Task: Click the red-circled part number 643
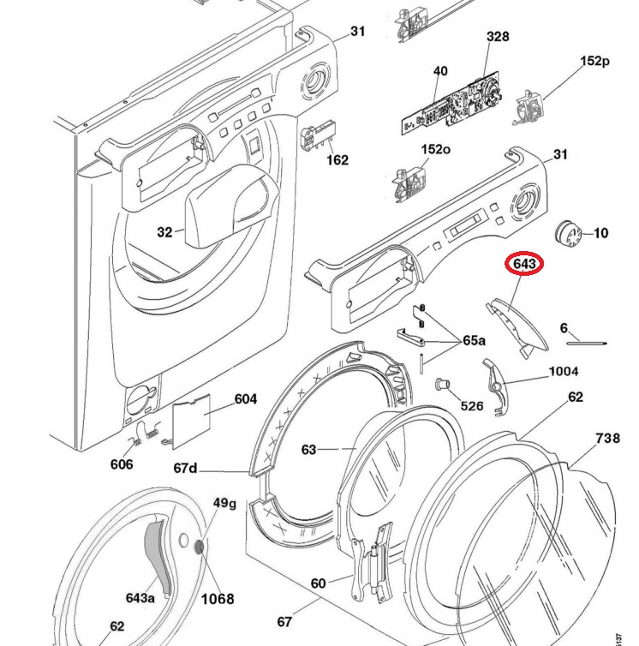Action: point(524,264)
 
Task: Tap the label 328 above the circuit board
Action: point(498,36)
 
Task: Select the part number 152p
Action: point(594,61)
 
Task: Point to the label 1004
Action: point(564,371)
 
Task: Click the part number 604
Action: point(246,398)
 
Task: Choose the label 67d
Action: point(185,468)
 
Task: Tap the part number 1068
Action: point(218,598)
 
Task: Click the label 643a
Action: point(140,597)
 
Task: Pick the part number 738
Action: point(607,438)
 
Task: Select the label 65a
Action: point(475,340)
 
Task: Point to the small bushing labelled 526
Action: point(443,385)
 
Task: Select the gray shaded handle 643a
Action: point(158,556)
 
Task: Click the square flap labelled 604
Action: point(191,421)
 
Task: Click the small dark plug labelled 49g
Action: point(200,547)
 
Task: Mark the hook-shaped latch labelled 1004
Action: point(496,387)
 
